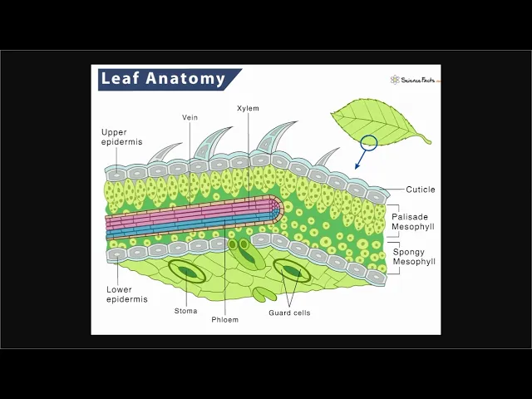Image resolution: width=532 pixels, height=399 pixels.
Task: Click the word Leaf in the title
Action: point(120,79)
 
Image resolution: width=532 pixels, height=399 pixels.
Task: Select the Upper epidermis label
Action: point(121,137)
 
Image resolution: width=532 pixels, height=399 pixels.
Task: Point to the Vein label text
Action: point(190,117)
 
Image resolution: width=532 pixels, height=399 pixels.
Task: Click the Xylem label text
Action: point(248,108)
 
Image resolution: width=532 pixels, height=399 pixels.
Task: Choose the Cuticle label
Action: point(420,190)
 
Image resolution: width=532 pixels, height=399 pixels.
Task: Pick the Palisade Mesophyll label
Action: point(412,221)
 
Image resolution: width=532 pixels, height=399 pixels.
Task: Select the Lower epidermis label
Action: point(126,294)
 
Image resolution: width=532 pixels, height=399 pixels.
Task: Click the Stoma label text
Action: point(186,311)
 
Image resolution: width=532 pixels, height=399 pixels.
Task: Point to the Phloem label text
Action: point(224,319)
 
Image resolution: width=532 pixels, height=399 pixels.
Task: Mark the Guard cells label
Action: point(289,313)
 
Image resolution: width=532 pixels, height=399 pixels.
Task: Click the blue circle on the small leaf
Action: point(369,143)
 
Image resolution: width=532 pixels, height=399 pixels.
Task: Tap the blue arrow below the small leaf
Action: point(361,160)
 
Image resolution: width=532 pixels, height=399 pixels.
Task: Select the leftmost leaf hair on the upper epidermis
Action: point(165,153)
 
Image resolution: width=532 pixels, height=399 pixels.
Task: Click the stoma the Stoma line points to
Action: point(189,272)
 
